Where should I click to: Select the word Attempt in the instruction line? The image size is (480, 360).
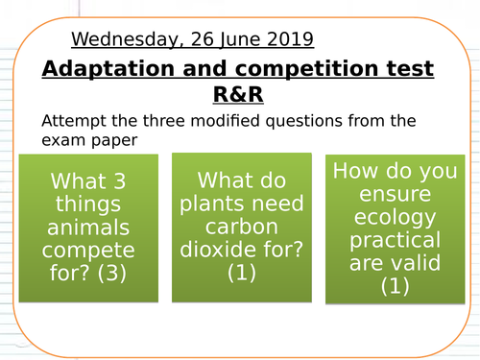(72, 122)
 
